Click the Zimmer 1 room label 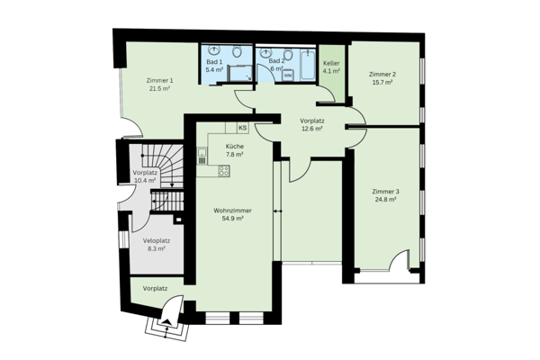[160, 80]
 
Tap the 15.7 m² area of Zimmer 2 [382, 84]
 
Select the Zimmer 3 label [384, 191]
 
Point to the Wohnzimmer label [232, 210]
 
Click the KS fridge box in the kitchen [242, 128]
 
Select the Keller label [331, 64]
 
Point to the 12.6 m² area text [310, 129]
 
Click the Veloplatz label [157, 240]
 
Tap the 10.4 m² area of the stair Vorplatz [144, 181]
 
